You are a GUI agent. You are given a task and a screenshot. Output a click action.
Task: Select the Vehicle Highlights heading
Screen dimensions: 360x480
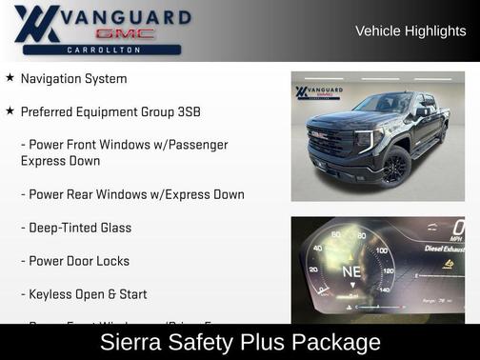pyautogui.click(x=410, y=30)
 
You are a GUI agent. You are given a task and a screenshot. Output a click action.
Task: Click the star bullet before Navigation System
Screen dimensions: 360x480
pyautogui.click(x=10, y=78)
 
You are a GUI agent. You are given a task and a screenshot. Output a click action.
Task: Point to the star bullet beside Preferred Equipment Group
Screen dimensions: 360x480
pyautogui.click(x=10, y=111)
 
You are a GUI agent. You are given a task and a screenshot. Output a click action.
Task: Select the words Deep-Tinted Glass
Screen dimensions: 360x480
pyautogui.click(x=80, y=228)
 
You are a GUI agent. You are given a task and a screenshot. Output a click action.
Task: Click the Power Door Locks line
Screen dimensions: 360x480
pyautogui.click(x=79, y=261)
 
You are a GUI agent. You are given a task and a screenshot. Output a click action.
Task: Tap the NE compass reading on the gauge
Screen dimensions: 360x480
pyautogui.click(x=351, y=270)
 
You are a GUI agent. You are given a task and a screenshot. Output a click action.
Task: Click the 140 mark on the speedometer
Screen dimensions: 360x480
pyautogui.click(x=385, y=288)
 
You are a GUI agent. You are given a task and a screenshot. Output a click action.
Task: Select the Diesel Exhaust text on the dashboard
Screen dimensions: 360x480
pyautogui.click(x=444, y=249)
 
